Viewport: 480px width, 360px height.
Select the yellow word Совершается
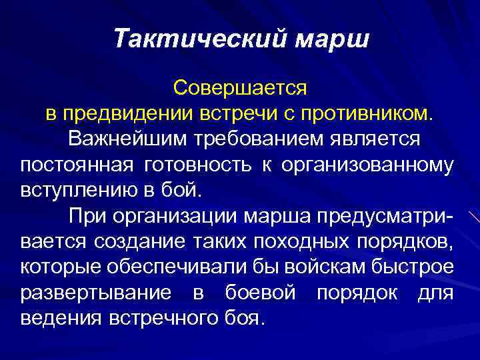tap(239, 87)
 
